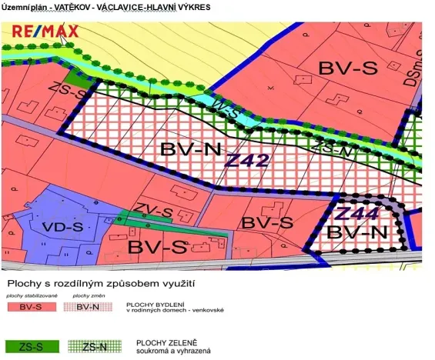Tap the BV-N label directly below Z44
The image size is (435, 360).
tap(357, 232)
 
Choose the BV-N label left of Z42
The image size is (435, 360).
tap(189, 152)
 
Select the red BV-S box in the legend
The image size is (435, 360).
tap(30, 308)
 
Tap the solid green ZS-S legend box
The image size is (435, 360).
tap(30, 347)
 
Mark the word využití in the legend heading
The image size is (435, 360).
tap(174, 284)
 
